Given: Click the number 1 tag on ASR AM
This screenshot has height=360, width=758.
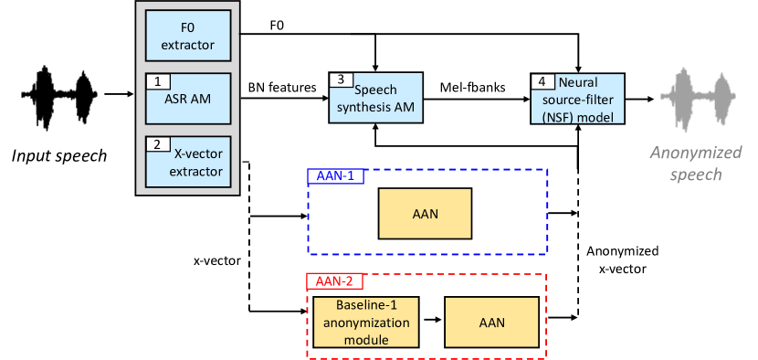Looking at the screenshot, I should (157, 82).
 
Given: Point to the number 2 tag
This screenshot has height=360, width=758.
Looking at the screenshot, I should (157, 144).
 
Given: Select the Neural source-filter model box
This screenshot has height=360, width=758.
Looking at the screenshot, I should (577, 99).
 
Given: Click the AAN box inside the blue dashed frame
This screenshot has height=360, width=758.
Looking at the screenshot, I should (425, 214).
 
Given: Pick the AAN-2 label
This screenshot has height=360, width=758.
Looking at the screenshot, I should (333, 282).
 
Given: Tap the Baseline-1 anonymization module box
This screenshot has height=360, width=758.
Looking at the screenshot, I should (365, 322).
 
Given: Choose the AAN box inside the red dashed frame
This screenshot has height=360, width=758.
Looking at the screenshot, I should (490, 322).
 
